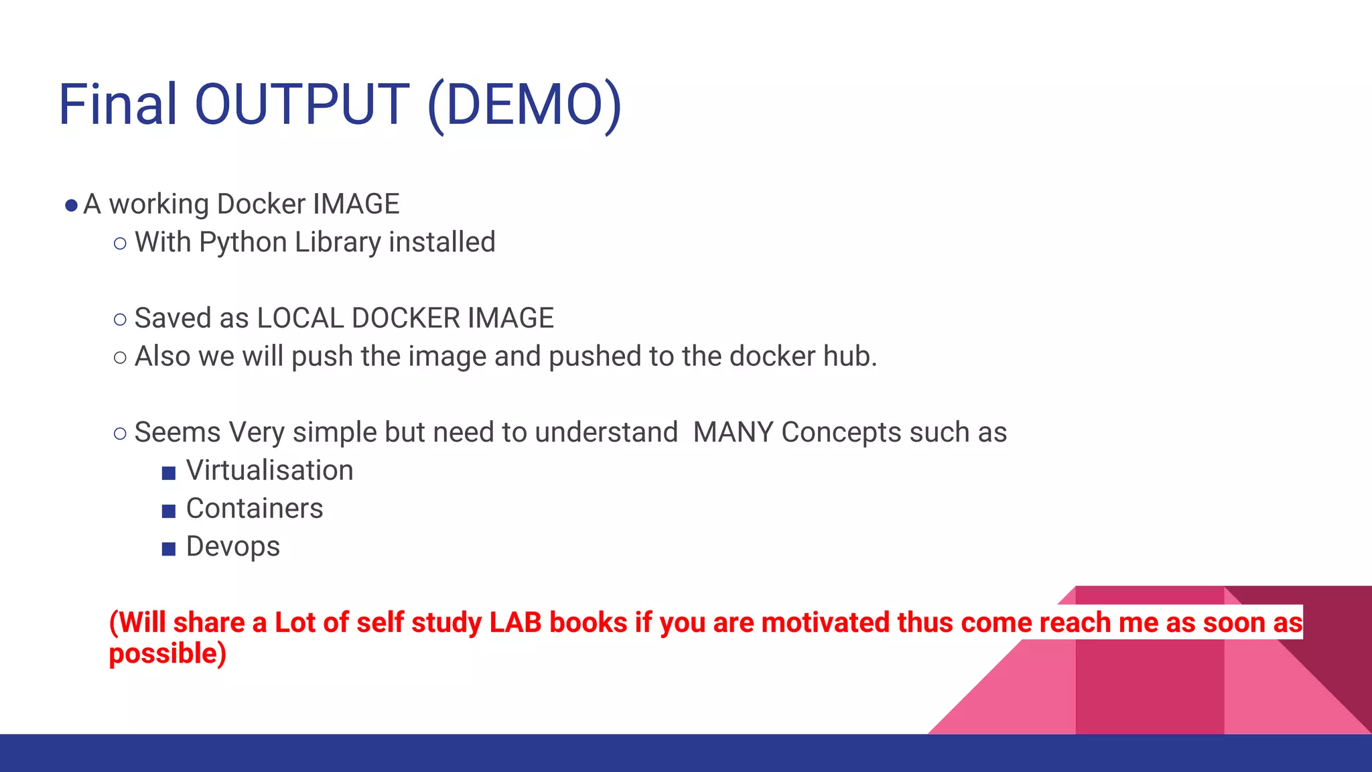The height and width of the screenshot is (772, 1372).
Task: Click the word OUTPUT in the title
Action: (x=301, y=105)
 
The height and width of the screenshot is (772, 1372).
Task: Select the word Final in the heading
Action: (x=118, y=105)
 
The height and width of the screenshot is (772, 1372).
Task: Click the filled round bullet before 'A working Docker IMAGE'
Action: (x=71, y=206)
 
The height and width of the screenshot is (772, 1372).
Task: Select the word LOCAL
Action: (x=300, y=318)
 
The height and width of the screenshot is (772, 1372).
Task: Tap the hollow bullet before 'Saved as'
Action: (x=120, y=320)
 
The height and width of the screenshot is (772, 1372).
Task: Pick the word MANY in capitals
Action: (x=733, y=433)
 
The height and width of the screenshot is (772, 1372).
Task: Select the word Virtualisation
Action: (x=269, y=470)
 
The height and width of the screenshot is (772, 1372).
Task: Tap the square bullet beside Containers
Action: (x=169, y=511)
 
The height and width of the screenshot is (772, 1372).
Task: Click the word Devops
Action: (x=232, y=547)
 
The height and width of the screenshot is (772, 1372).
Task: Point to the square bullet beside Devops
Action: (x=169, y=550)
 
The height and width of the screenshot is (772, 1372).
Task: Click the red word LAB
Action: (x=515, y=623)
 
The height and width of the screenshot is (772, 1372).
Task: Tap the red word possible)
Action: (x=167, y=654)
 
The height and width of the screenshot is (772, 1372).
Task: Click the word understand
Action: (x=606, y=433)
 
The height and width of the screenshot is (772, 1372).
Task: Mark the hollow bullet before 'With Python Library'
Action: (x=120, y=244)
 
